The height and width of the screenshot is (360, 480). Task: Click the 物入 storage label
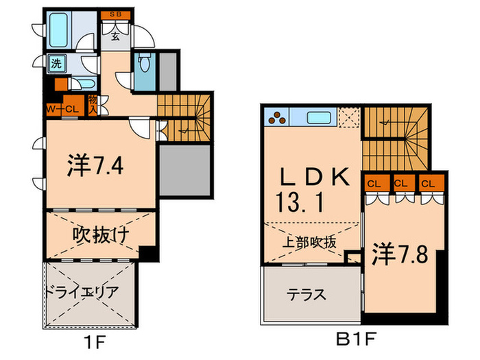pyautogui.click(x=93, y=106)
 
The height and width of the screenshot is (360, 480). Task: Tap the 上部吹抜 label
pyautogui.click(x=310, y=241)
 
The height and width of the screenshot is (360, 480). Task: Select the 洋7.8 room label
pyautogui.click(x=400, y=254)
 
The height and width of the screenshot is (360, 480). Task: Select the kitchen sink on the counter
pyautogui.click(x=320, y=117)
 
